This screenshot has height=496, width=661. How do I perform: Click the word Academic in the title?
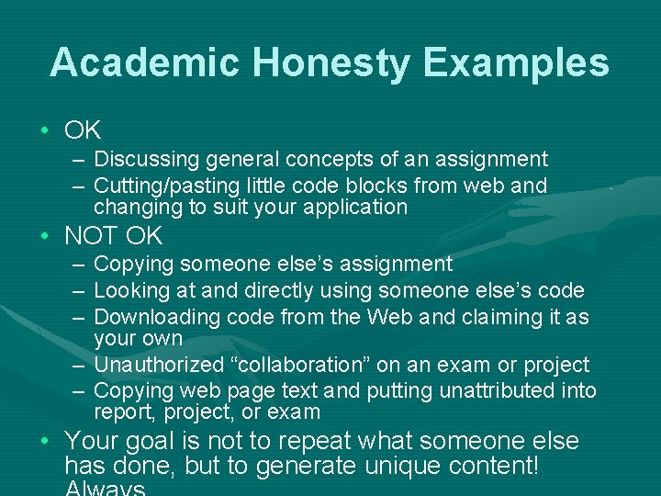(x=144, y=62)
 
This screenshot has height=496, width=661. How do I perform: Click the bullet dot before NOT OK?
(x=45, y=237)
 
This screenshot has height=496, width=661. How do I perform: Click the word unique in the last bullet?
(x=403, y=466)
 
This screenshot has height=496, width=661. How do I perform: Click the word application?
(x=353, y=207)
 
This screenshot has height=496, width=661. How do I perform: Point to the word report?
(x=121, y=412)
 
